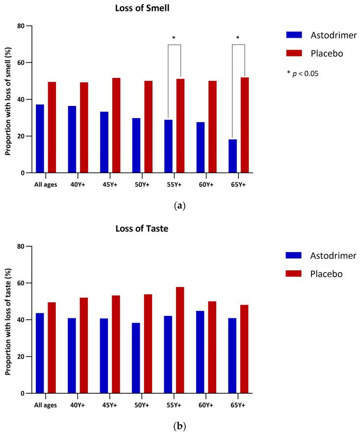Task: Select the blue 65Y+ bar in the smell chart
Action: pos(232,156)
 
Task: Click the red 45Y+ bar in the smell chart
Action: pos(116,125)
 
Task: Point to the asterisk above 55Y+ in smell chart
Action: pos(174,38)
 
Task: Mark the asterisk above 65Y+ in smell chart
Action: pos(238,38)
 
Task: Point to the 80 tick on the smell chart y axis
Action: pos(23,26)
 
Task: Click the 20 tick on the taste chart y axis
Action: pos(23,357)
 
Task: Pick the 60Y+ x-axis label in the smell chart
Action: pos(206,185)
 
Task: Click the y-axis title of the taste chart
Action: pos(8,320)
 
